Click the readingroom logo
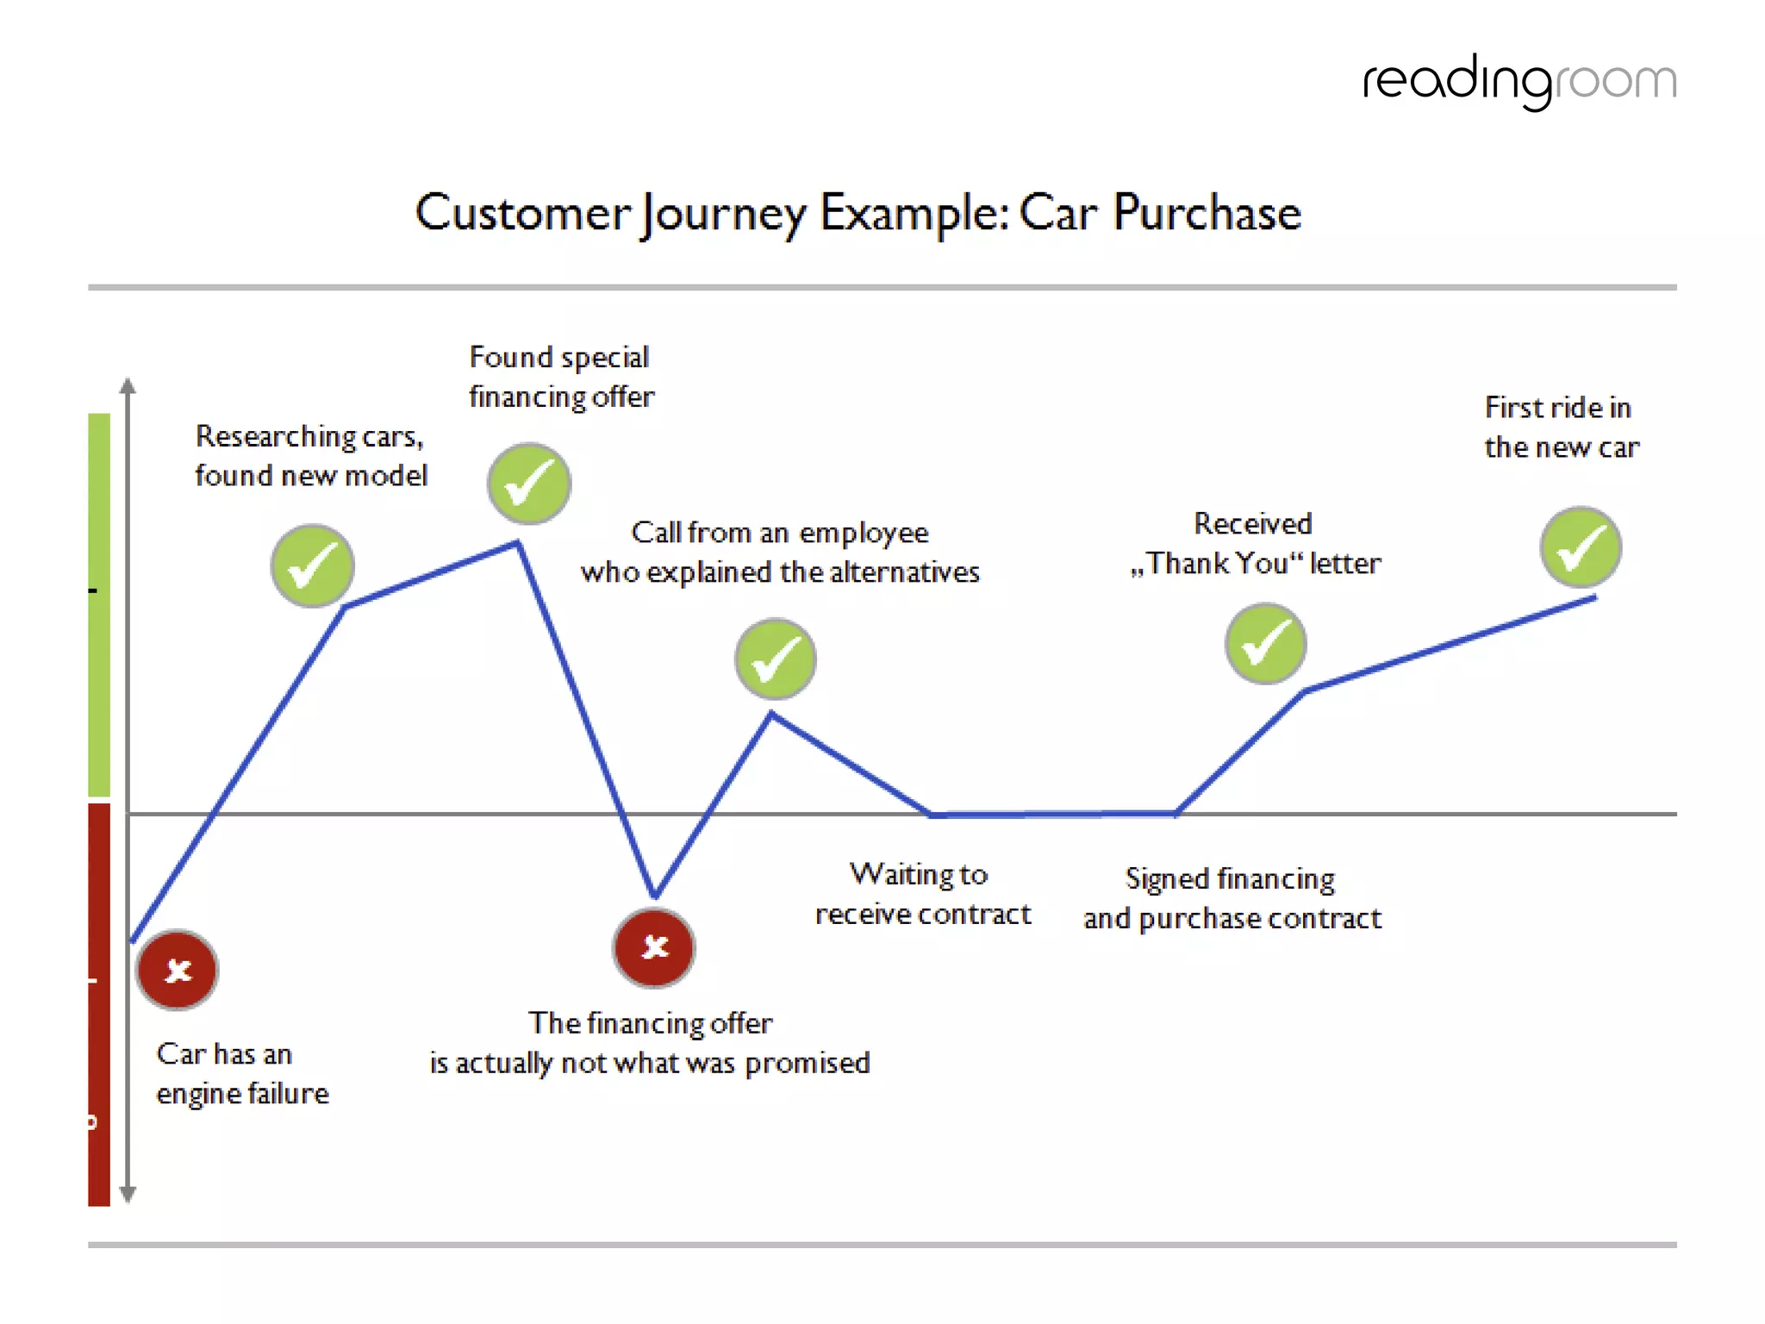pos(1519,82)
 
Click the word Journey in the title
pos(722,214)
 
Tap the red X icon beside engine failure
pos(178,970)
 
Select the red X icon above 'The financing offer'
pos(654,946)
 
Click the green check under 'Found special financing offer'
pos(529,484)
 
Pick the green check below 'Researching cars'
pos(312,565)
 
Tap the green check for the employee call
pos(776,659)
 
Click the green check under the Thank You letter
pos(1265,644)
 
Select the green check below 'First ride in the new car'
pos(1581,547)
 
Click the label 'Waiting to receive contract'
pos(922,894)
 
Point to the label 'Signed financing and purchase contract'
pos(1232,898)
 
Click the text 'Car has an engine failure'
pos(241,1073)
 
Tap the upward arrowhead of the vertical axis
pos(128,384)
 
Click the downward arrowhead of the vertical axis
pos(128,1195)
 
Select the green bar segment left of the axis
pos(99,603)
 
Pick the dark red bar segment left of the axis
pos(99,1004)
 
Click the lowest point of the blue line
pos(655,895)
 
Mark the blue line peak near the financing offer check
pos(517,544)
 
